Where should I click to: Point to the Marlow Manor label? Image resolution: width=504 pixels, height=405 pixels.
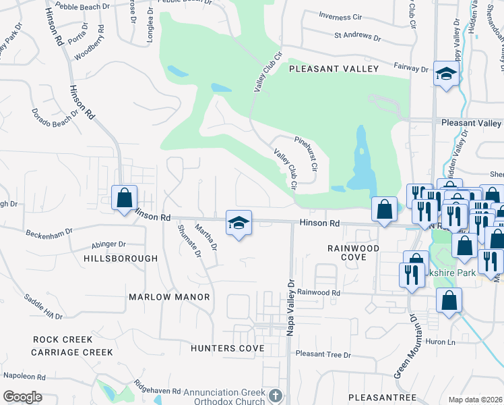168,297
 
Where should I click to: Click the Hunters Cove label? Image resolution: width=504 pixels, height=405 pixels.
227,348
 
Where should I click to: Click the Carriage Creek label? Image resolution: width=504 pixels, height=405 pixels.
71,352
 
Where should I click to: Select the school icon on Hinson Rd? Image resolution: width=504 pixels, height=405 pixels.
239,223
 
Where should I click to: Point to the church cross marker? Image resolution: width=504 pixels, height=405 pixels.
275,394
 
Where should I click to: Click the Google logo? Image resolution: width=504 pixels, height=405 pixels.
22,396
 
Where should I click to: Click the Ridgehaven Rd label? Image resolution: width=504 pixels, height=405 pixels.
157,391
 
